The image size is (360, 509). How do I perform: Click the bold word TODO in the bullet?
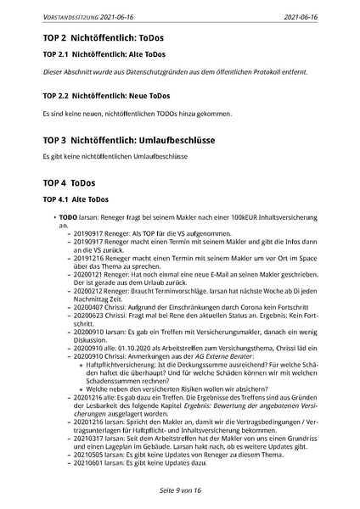(x=68, y=220)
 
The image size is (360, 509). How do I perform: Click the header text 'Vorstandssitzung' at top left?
(x=69, y=15)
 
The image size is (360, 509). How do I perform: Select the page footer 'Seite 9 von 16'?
(x=179, y=491)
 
